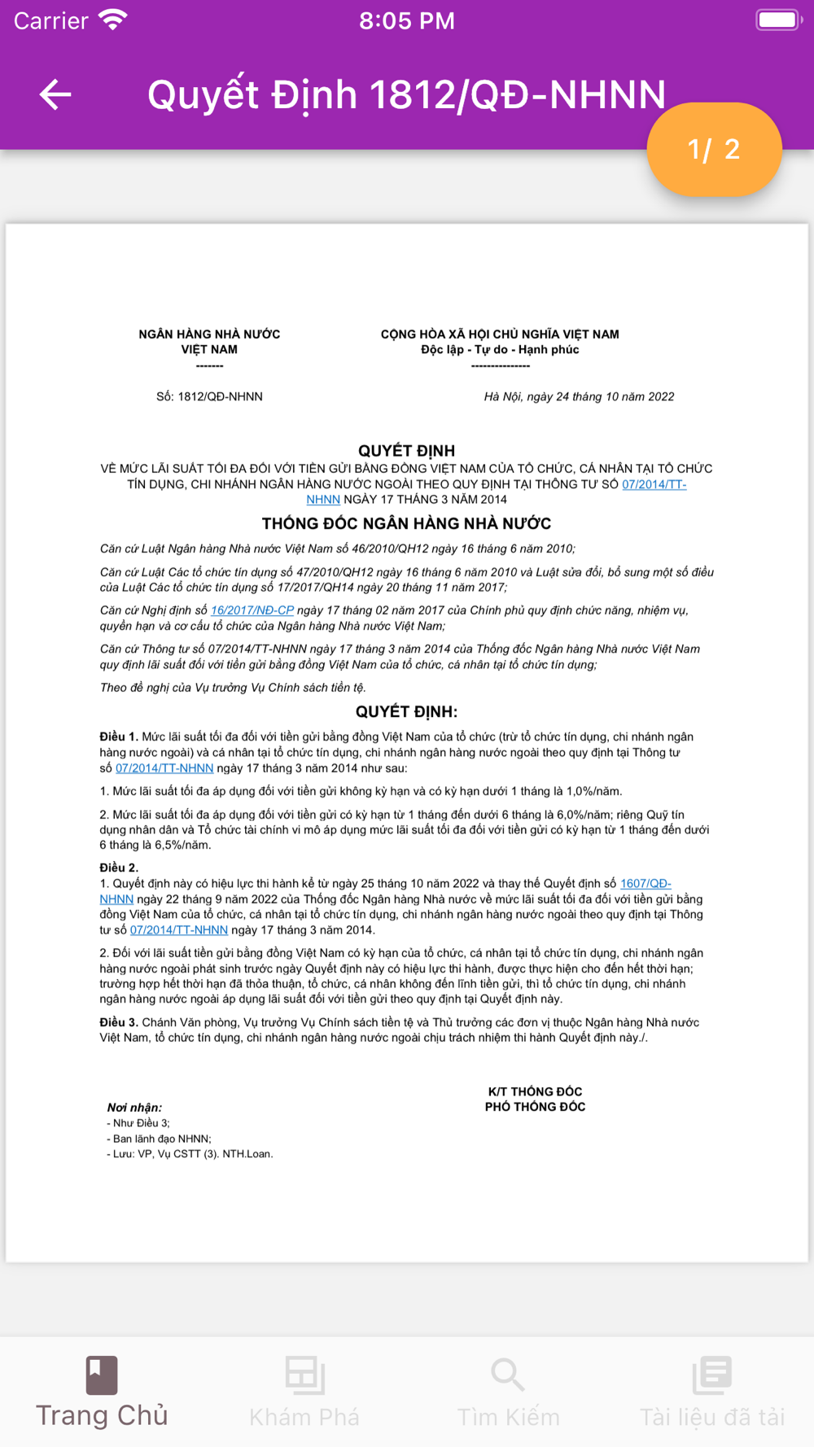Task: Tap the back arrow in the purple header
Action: click(x=55, y=95)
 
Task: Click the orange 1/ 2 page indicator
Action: click(x=714, y=149)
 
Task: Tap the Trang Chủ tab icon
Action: click(x=102, y=1375)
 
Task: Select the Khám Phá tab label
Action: click(x=304, y=1417)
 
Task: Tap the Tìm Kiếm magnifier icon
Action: click(x=508, y=1375)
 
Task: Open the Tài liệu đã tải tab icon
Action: click(x=712, y=1375)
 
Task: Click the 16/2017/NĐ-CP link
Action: click(x=252, y=610)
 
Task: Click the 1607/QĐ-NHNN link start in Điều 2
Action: click(x=645, y=884)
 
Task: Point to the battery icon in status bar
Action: click(x=778, y=20)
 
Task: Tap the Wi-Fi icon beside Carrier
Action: click(x=113, y=20)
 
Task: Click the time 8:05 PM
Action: click(x=407, y=21)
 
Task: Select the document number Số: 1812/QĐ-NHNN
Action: click(x=209, y=397)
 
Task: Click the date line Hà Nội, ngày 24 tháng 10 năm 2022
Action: click(x=579, y=397)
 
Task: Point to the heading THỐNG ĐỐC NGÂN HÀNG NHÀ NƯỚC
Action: click(x=406, y=523)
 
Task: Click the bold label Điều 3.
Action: click(x=119, y=1022)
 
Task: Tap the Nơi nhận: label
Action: click(x=134, y=1108)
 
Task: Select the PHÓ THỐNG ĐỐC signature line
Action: click(x=535, y=1107)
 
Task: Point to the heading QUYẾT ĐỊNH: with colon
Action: click(x=406, y=711)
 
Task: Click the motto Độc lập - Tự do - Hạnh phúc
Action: click(x=500, y=350)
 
